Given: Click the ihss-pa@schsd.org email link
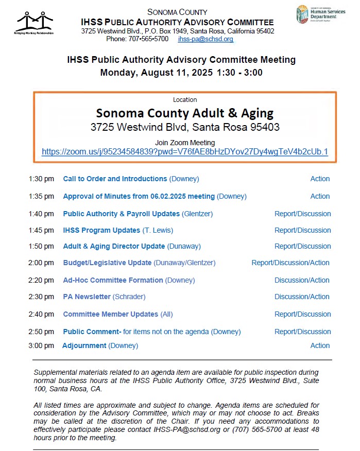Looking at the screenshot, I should click(205, 39).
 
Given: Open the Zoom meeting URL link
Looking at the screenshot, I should click(185, 152).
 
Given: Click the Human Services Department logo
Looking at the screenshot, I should click(316, 14).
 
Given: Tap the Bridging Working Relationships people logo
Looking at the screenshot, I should click(35, 22).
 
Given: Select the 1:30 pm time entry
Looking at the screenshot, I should click(41, 179).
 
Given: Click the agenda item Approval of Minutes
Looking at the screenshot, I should click(139, 196).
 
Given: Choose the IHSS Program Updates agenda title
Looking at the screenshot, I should click(101, 230).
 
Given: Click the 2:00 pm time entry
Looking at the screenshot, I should click(41, 263).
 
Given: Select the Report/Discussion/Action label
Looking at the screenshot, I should click(290, 263).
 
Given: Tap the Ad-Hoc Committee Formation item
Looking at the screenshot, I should click(113, 280).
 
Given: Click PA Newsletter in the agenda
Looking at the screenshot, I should click(87, 297).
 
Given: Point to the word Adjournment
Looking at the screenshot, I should click(84, 345).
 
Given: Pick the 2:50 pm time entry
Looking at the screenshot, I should click(41, 332).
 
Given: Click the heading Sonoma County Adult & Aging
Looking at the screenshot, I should click(185, 113).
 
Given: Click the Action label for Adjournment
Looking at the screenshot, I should click(320, 345).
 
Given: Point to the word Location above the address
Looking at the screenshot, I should click(185, 99).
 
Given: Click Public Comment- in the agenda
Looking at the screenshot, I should click(92, 332).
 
